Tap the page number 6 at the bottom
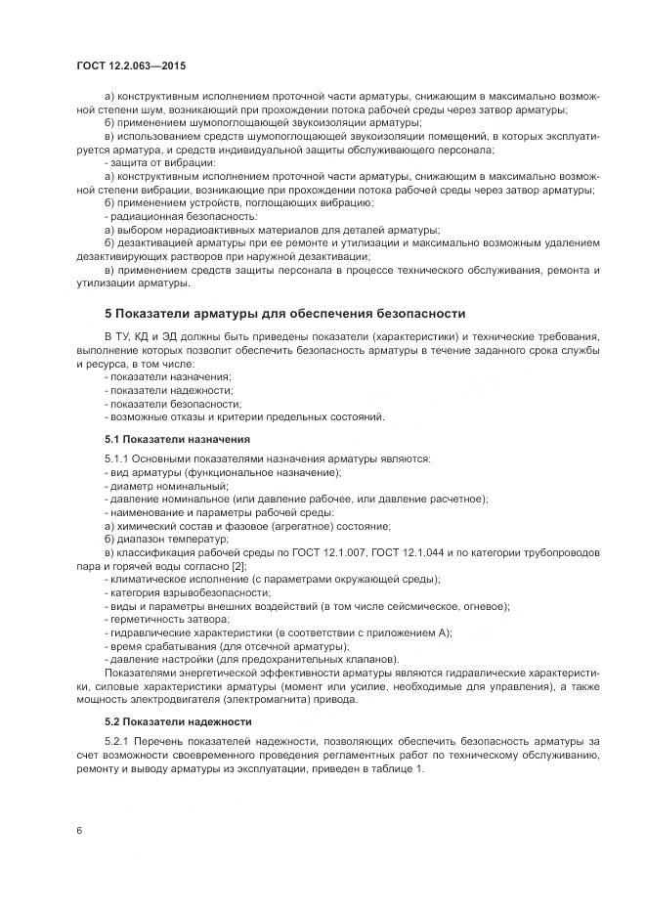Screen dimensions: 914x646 coord(79,830)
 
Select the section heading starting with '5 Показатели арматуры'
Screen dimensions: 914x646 coord(284,313)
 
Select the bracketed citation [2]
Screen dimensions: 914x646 coord(239,566)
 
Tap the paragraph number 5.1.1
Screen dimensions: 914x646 coord(117,458)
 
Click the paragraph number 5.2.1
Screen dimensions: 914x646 coord(117,742)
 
